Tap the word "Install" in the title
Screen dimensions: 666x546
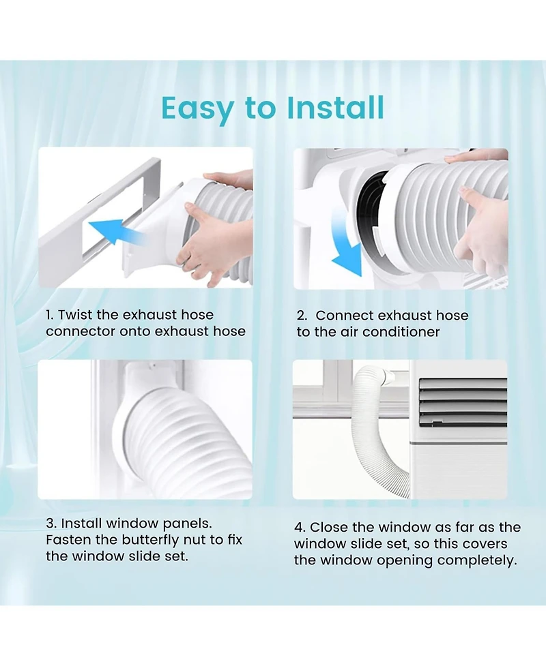tap(334, 108)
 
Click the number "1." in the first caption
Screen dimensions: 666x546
tap(50, 315)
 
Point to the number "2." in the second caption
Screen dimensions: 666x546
tap(302, 316)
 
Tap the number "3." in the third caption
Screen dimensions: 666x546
tap(51, 524)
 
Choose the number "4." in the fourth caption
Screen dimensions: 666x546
tap(301, 528)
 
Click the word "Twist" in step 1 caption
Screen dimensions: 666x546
tap(75, 315)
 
